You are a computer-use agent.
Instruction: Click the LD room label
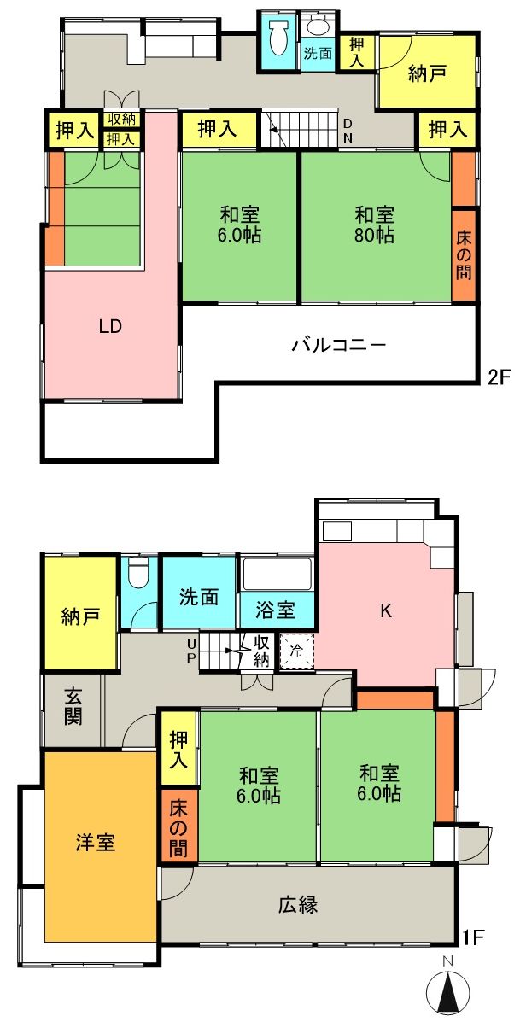pyautogui.click(x=110, y=326)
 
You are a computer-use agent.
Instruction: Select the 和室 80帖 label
pyautogui.click(x=374, y=225)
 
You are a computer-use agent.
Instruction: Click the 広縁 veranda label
pyautogui.click(x=299, y=905)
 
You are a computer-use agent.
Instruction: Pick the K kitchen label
pyautogui.click(x=386, y=610)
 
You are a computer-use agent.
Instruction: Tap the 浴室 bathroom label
pyautogui.click(x=277, y=610)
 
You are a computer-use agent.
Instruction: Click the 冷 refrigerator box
pyautogui.click(x=297, y=651)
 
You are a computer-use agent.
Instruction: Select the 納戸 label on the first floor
pyautogui.click(x=81, y=616)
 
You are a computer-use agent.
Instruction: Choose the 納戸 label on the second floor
pyautogui.click(x=428, y=74)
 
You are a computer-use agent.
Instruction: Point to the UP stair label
pyautogui.click(x=191, y=650)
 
